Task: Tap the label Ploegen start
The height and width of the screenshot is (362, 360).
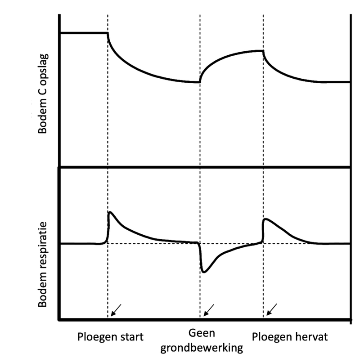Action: coord(110,337)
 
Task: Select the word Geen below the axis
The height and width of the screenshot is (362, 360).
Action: coord(202,333)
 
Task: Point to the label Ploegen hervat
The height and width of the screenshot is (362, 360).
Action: coord(291,337)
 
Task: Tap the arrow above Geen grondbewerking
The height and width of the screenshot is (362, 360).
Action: coord(208,309)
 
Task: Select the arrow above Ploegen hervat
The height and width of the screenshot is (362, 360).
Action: coord(271,309)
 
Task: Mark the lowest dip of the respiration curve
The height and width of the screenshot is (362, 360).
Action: coord(205,272)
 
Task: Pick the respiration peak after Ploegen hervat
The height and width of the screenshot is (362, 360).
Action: coord(266,219)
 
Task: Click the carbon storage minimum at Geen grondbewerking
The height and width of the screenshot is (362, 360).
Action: coord(199,82)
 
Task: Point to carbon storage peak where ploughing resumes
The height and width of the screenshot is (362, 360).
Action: coord(263,51)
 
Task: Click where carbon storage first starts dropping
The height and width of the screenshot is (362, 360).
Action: coord(108,33)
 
